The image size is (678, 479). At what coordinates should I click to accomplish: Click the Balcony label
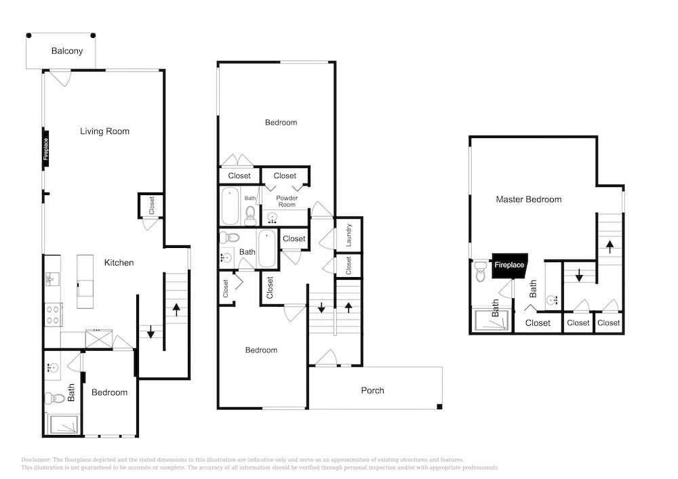[x=67, y=51]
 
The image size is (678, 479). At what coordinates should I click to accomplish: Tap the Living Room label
[x=104, y=131]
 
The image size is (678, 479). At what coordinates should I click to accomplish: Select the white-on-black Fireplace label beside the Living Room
[x=46, y=149]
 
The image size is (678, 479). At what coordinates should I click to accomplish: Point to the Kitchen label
[x=119, y=263]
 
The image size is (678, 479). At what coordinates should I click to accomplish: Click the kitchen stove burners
[x=53, y=314]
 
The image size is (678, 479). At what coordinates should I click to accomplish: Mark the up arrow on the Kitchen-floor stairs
[x=176, y=309]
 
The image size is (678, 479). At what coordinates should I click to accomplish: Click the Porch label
[x=372, y=390]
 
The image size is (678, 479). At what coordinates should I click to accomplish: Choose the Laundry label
[x=348, y=235]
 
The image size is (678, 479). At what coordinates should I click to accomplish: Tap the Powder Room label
[x=287, y=201]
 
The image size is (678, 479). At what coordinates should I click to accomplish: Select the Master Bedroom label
[x=529, y=200]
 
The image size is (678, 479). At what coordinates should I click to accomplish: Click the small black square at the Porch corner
[x=439, y=407]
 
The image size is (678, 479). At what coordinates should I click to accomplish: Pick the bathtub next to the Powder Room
[x=230, y=205]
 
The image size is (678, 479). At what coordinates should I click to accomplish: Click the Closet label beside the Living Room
[x=152, y=205]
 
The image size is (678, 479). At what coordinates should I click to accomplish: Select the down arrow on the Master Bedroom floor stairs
[x=580, y=275]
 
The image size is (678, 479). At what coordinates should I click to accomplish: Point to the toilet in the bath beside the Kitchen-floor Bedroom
[x=55, y=398]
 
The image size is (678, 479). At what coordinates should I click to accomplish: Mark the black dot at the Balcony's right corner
[x=93, y=35]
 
